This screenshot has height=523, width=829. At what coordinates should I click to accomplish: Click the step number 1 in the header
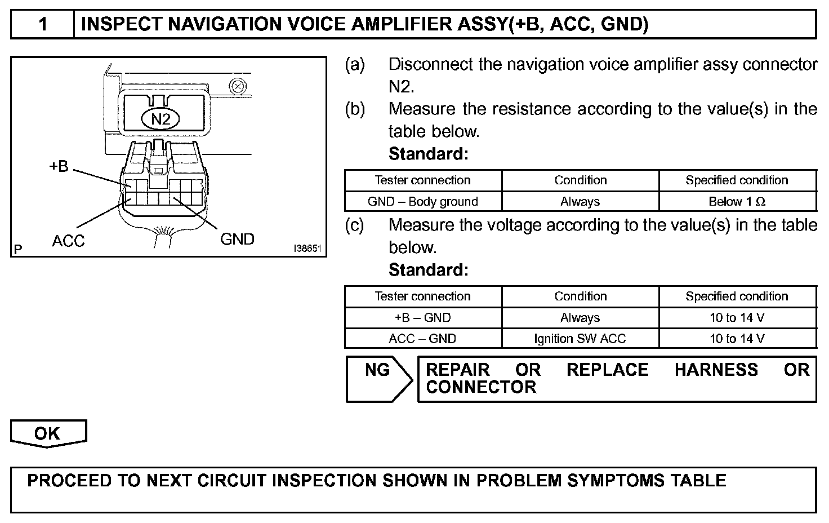tap(43, 25)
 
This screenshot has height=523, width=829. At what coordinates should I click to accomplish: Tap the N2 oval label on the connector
tap(161, 119)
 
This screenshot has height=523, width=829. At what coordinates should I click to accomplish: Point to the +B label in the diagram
tap(59, 166)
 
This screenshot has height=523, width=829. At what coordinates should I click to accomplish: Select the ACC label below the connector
tap(68, 241)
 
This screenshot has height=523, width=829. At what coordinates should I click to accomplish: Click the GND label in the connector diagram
tap(237, 240)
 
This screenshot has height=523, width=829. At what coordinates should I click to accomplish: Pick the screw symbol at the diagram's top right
tap(238, 87)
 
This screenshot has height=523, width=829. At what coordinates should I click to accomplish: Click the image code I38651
tap(307, 248)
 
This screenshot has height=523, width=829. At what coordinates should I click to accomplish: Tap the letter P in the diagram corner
tap(18, 249)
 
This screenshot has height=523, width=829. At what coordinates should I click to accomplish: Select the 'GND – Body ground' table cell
tap(423, 202)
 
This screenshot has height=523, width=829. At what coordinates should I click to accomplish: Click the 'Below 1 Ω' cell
tap(737, 202)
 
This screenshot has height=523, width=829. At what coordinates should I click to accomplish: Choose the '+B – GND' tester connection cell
tap(423, 318)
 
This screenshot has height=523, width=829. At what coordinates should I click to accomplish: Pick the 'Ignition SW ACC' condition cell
tap(580, 339)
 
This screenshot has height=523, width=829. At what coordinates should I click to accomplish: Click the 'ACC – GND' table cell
tap(423, 339)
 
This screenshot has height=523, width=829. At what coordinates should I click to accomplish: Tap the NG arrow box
tap(378, 378)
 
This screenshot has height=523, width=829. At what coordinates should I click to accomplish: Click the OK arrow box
tap(48, 433)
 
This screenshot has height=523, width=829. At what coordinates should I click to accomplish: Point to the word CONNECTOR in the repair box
tap(481, 387)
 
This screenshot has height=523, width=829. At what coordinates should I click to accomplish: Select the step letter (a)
tap(355, 65)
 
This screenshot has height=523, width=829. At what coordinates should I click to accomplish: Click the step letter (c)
tap(355, 225)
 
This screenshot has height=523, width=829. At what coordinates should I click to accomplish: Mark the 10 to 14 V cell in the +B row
tap(737, 318)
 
